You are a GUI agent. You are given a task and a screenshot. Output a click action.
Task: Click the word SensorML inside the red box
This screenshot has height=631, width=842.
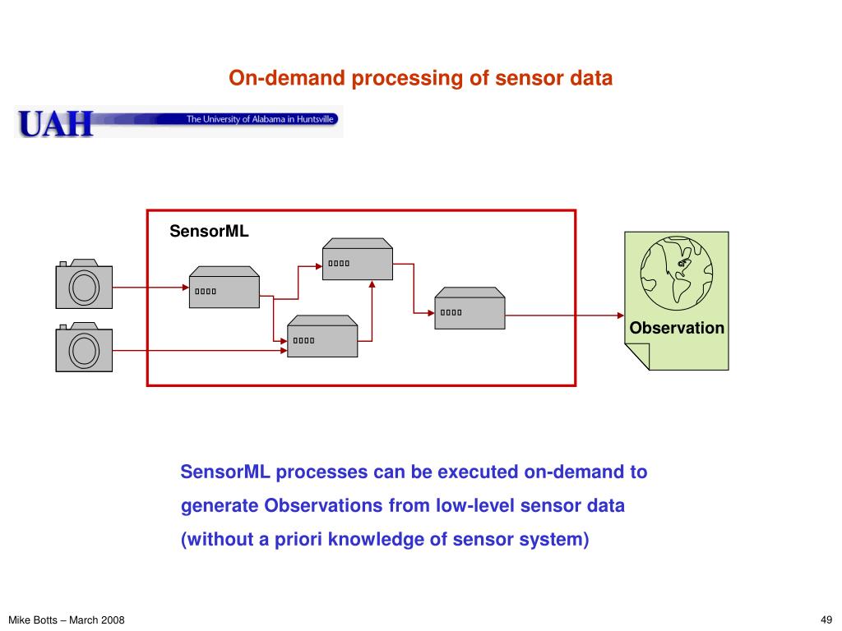(x=209, y=232)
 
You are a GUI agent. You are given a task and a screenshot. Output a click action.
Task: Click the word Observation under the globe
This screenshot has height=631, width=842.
(x=677, y=329)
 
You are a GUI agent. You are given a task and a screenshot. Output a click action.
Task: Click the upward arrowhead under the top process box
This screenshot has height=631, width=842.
(x=372, y=285)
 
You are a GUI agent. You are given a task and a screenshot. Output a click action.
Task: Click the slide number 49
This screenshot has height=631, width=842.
(x=826, y=620)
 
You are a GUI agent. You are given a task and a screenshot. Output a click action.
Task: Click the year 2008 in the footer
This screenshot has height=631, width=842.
(x=113, y=620)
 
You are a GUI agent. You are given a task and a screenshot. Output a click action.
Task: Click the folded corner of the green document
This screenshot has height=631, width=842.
(x=636, y=357)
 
